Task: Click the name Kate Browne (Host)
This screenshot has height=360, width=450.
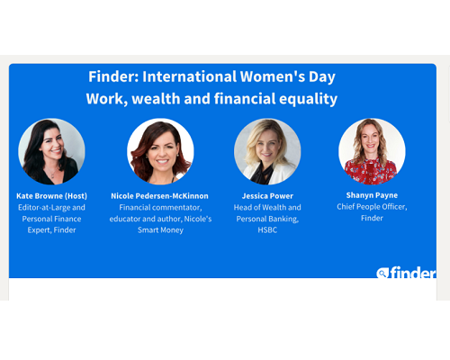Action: [x=51, y=196]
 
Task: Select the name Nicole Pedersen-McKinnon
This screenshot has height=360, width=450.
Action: [x=159, y=196]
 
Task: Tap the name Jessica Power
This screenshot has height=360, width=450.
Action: [x=267, y=196]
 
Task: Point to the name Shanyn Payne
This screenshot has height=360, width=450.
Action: [x=372, y=195]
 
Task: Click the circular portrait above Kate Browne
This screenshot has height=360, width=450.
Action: [x=51, y=151]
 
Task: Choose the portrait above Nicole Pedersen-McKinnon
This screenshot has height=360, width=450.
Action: [x=160, y=151]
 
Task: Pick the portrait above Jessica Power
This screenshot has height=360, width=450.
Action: [x=267, y=151]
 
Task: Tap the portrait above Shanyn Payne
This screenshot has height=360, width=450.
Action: [x=372, y=151]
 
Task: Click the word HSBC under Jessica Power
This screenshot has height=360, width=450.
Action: [x=267, y=230]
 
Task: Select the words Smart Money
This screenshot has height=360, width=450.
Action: [x=160, y=230]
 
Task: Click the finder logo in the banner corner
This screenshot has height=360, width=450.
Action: [x=406, y=273]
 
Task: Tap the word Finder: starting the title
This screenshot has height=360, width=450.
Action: [x=113, y=76]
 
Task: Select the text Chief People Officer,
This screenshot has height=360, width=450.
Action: [x=372, y=207]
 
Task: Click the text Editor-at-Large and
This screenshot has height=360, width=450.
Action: [x=51, y=208]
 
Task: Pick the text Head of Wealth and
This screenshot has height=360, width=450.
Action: [x=267, y=208]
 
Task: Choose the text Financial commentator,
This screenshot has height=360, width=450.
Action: [x=160, y=208]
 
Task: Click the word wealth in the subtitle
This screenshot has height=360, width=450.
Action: [x=156, y=99]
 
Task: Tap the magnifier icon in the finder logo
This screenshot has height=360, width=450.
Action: [x=382, y=273]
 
